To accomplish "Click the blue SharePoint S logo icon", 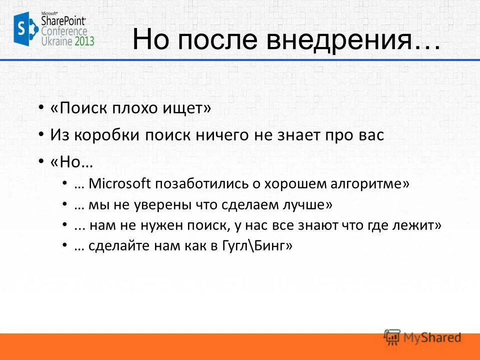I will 24,29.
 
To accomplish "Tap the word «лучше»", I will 307,204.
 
